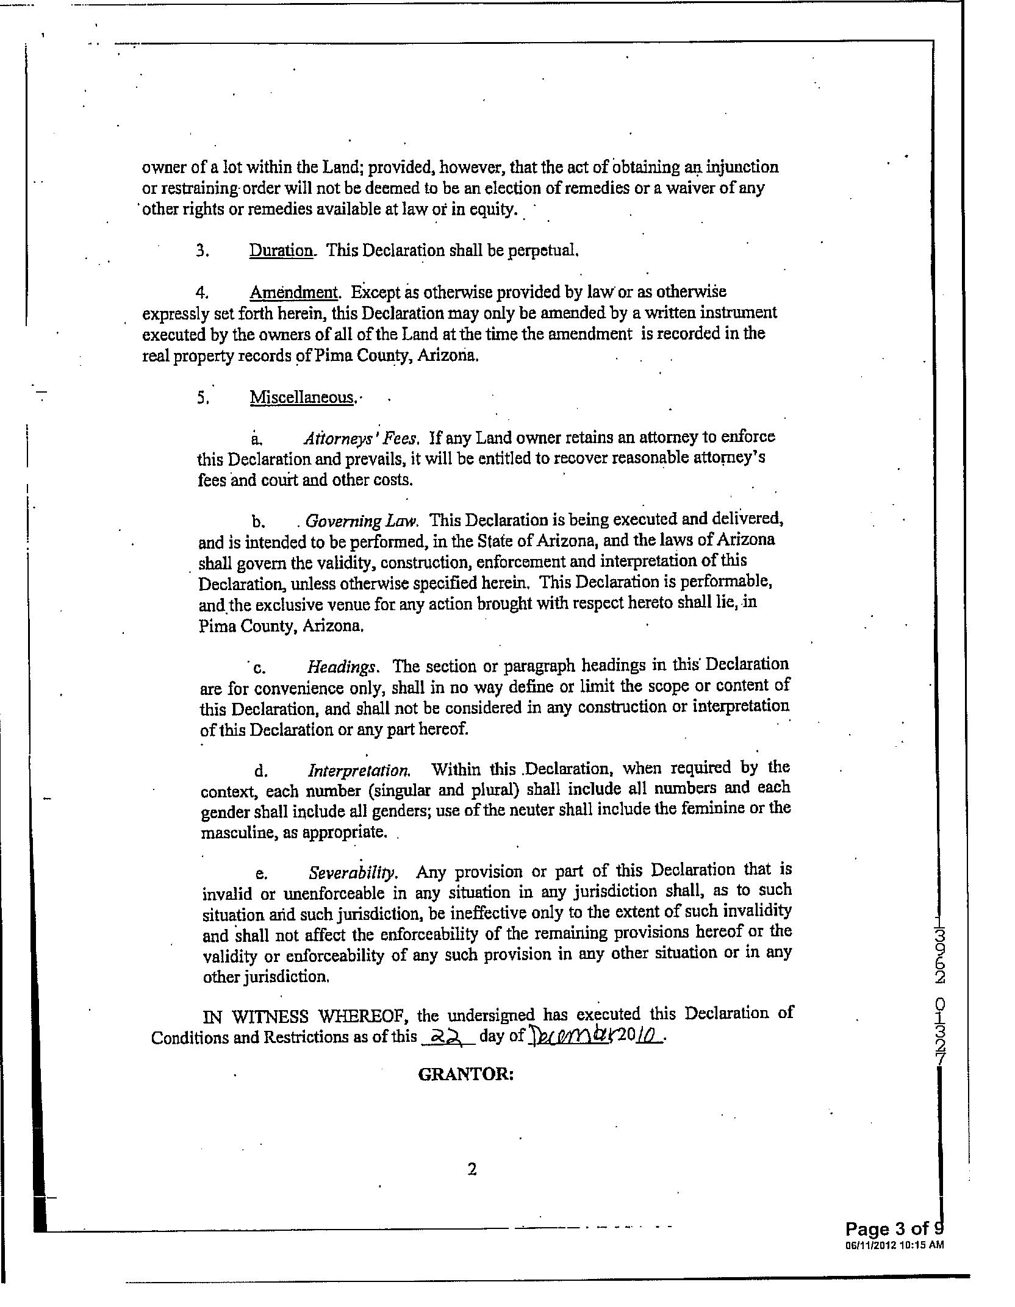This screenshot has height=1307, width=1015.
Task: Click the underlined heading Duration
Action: coord(281,251)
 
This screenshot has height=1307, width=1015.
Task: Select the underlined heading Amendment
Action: coord(293,293)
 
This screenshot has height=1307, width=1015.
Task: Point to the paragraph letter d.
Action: coord(261,772)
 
